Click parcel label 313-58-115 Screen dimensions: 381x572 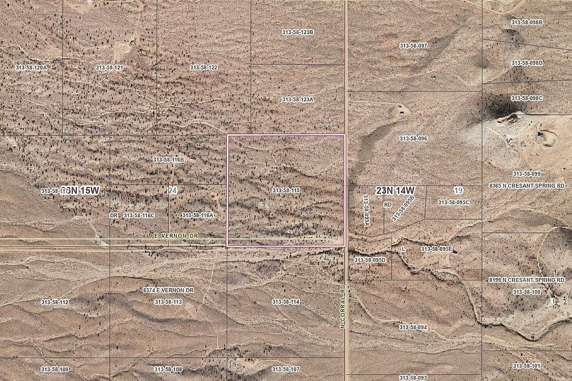pyautogui.click(x=285, y=191)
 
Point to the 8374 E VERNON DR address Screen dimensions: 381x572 pyautogui.click(x=168, y=291)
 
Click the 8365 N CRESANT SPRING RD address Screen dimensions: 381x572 pyautogui.click(x=527, y=185)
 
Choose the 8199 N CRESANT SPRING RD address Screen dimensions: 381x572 pyautogui.click(x=527, y=280)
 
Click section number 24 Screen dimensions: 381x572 pyautogui.click(x=172, y=191)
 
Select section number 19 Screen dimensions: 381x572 pyautogui.click(x=458, y=190)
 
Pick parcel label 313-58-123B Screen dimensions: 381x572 pyautogui.click(x=297, y=32)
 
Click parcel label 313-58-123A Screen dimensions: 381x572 pyautogui.click(x=297, y=100)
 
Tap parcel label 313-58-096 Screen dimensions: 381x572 pyautogui.click(x=413, y=139)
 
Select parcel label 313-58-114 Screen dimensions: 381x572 pyautogui.click(x=285, y=302)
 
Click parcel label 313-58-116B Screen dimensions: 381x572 pyautogui.click(x=168, y=160)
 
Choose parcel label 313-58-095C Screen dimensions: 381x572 pyautogui.click(x=453, y=202)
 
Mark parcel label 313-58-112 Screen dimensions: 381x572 pyautogui.click(x=55, y=303)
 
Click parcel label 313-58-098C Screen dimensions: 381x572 pyautogui.click(x=527, y=98)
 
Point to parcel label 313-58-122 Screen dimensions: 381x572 pyautogui.click(x=204, y=68)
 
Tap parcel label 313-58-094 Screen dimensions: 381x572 pyautogui.click(x=413, y=328)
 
